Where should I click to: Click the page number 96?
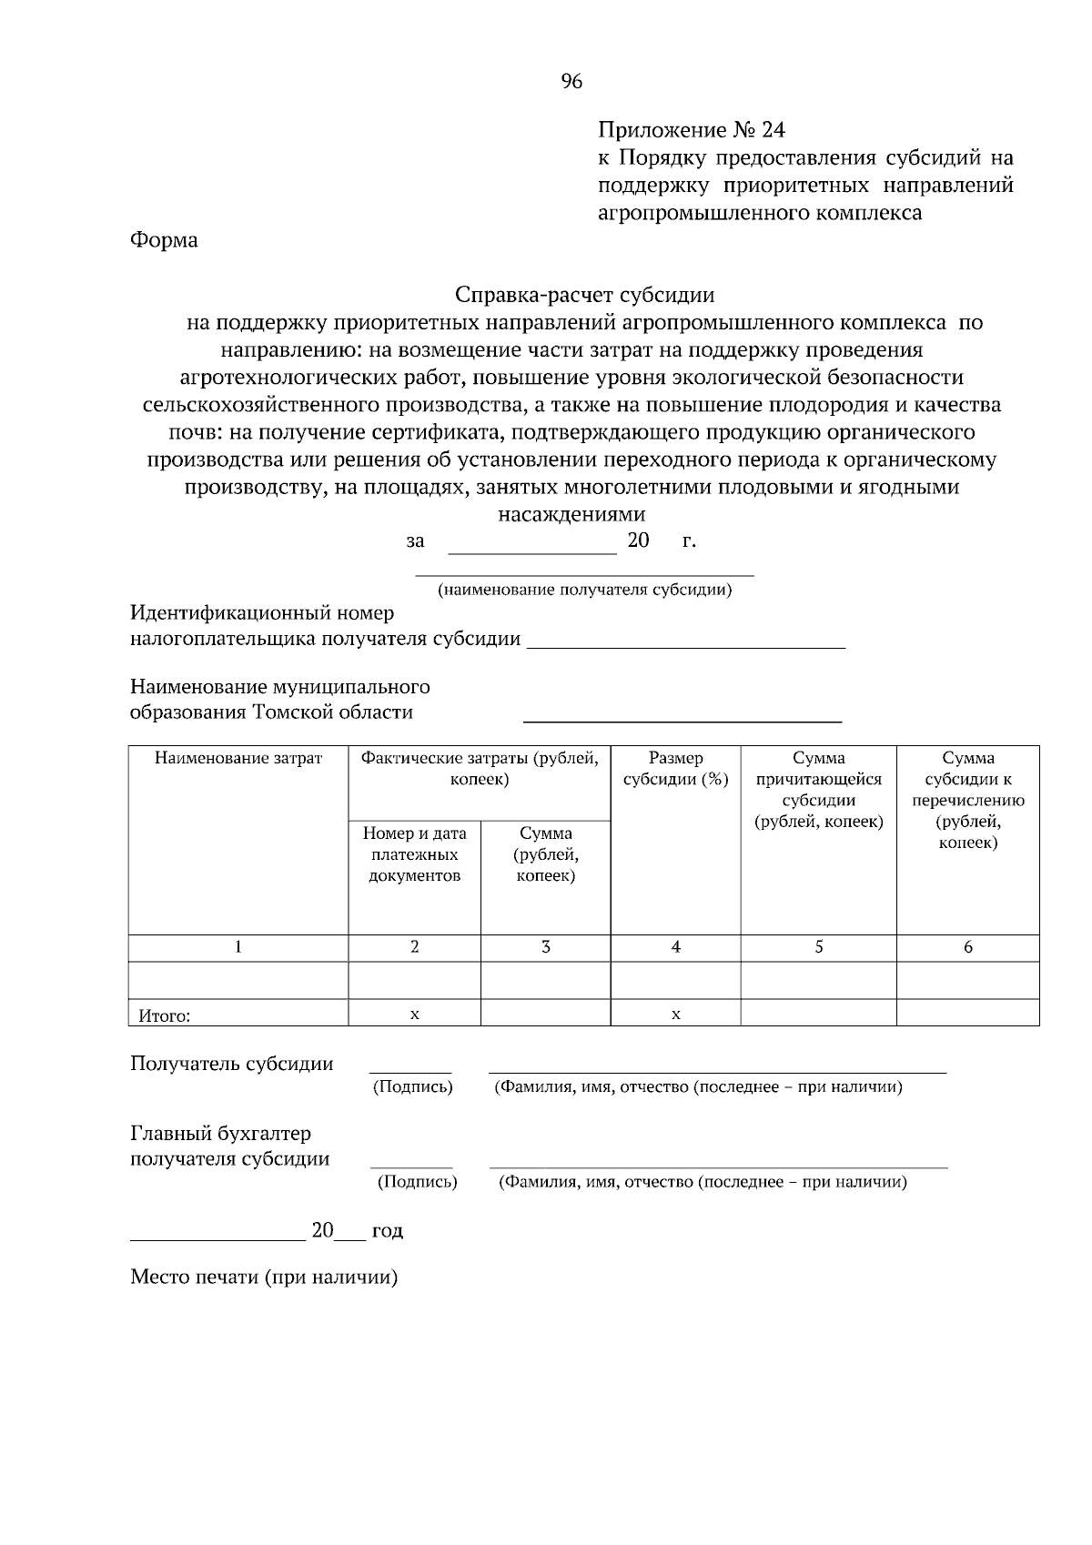click(x=571, y=82)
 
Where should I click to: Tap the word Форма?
click(x=164, y=240)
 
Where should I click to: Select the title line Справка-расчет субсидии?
click(x=584, y=295)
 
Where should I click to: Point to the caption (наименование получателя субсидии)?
click(x=584, y=590)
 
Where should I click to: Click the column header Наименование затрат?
click(x=238, y=758)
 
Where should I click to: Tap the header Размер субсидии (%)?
click(x=675, y=769)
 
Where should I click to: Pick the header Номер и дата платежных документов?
click(x=414, y=854)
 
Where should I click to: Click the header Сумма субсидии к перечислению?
click(x=967, y=800)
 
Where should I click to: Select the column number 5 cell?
click(x=818, y=947)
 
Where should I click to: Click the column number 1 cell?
click(x=238, y=947)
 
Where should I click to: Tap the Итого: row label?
click(x=165, y=1015)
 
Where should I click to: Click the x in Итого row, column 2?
click(x=414, y=1014)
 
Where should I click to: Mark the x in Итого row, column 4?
click(x=675, y=1014)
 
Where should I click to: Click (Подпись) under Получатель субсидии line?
click(x=412, y=1087)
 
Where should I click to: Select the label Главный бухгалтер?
click(x=220, y=1134)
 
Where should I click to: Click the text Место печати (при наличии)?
click(x=264, y=1277)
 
